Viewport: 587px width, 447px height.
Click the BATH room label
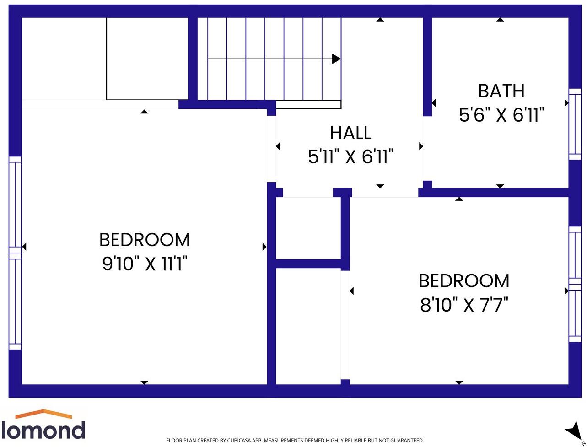click(501, 91)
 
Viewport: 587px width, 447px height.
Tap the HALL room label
click(350, 133)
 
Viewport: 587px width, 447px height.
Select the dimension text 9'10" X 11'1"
click(145, 264)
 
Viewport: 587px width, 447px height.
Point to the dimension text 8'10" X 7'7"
click(464, 305)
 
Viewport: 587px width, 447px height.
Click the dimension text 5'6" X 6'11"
click(501, 115)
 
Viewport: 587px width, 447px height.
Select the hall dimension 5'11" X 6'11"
click(350, 157)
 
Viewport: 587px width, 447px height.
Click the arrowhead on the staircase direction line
click(336, 59)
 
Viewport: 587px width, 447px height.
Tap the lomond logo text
click(43, 430)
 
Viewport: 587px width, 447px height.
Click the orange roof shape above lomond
click(43, 414)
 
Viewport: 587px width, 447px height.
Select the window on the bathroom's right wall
click(575, 124)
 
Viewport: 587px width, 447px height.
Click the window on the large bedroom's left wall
click(15, 253)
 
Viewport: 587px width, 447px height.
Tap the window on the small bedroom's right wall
click(575, 284)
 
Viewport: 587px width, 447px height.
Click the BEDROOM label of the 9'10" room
click(145, 240)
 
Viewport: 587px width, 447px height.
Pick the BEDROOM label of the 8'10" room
click(464, 281)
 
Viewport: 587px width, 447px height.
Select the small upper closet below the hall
click(308, 228)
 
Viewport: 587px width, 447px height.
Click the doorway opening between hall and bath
click(427, 148)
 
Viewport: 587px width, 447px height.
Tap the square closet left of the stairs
click(147, 58)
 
